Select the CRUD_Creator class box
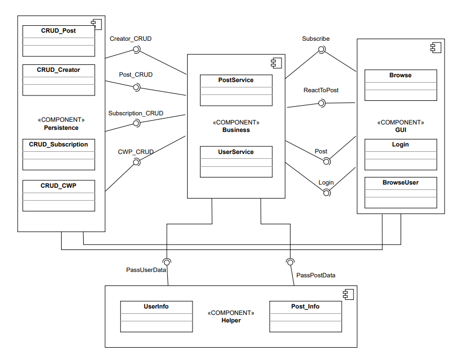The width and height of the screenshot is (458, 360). (x=58, y=80)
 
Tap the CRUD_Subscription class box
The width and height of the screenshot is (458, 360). (x=58, y=155)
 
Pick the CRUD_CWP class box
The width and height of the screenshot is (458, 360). (x=58, y=195)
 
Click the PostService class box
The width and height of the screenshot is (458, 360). (x=236, y=90)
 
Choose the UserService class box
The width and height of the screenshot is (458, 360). (x=236, y=162)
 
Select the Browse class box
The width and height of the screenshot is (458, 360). (x=401, y=85)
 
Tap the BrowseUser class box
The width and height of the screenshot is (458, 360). (x=401, y=193)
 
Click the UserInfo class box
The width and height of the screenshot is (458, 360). (x=156, y=317)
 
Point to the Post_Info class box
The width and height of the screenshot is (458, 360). (x=305, y=317)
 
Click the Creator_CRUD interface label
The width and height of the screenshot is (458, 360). (x=130, y=39)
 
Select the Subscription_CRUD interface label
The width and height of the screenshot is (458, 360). (x=136, y=113)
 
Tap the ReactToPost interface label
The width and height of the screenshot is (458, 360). (x=321, y=90)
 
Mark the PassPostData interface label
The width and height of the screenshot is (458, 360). (x=316, y=275)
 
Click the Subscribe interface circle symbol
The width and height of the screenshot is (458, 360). (x=322, y=50)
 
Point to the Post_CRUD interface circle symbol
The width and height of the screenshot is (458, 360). (x=136, y=87)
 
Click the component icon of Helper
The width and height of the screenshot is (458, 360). (x=348, y=294)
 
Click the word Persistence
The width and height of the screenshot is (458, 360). (x=61, y=128)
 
